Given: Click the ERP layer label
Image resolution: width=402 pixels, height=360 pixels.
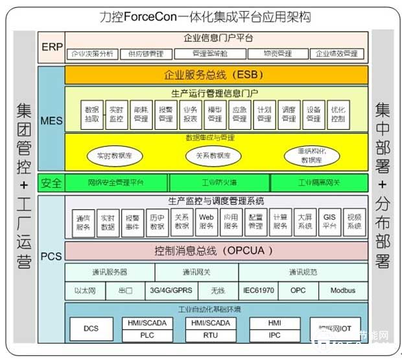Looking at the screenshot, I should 51,47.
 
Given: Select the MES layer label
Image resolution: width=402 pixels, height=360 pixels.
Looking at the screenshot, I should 51,121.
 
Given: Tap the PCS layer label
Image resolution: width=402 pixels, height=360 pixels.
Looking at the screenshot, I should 51,256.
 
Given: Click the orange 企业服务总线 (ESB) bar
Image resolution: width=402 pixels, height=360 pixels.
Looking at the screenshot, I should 216,75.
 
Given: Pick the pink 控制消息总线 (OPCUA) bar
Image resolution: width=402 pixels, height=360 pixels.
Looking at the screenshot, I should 216,250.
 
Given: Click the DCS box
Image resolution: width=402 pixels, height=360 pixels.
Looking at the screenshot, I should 91,328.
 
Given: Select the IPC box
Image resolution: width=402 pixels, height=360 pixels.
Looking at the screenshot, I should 275,335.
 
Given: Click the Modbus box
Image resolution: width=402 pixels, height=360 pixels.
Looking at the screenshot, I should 342,291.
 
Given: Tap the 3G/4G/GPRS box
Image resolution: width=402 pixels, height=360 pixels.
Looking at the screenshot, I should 172,291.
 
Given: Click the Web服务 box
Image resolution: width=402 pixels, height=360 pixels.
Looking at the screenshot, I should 206,222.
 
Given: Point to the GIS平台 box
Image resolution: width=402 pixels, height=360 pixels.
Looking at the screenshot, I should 329,222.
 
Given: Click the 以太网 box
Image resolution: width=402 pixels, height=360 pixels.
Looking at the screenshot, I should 85,291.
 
